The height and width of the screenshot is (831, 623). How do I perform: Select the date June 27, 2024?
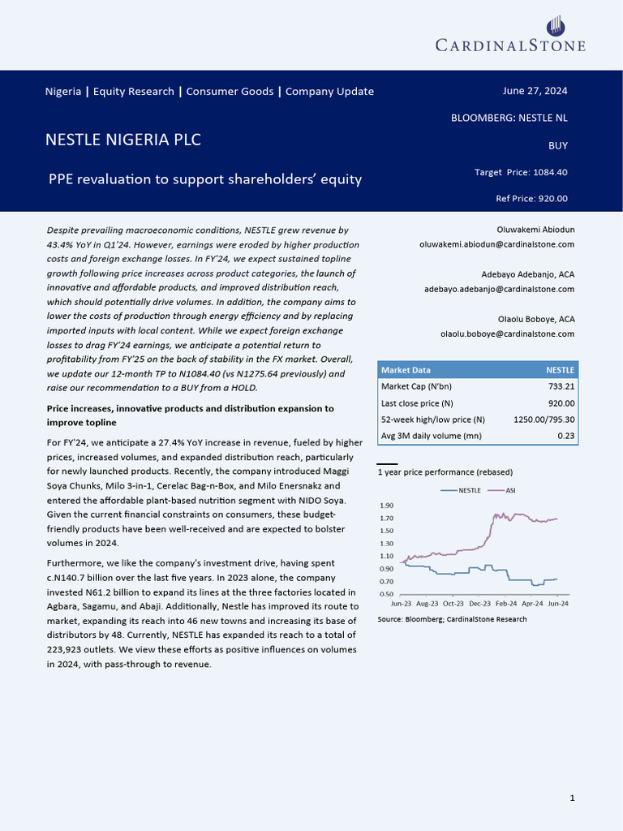click(535, 91)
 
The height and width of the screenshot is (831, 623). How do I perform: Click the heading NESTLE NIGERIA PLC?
click(123, 140)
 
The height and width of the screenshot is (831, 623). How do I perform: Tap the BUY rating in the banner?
click(558, 146)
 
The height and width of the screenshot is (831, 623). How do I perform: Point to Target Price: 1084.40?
click(521, 172)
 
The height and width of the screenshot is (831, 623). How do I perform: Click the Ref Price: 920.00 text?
click(531, 199)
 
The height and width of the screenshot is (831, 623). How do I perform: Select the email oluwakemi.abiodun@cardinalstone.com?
click(496, 244)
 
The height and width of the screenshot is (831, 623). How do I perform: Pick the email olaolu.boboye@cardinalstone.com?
click(507, 334)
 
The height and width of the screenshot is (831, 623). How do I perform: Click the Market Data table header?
click(406, 370)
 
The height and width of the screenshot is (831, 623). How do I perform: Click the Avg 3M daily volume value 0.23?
click(566, 437)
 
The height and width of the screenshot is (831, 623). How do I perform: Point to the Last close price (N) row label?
click(417, 403)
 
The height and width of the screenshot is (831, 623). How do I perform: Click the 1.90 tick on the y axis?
click(386, 506)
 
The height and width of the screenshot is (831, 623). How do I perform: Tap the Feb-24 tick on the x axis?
click(505, 605)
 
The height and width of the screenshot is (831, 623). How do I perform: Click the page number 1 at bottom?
click(573, 799)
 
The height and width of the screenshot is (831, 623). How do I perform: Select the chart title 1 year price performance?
click(445, 471)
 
